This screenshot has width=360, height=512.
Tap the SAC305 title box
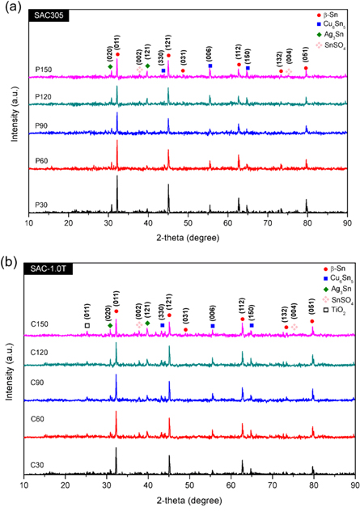point(51,16)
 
